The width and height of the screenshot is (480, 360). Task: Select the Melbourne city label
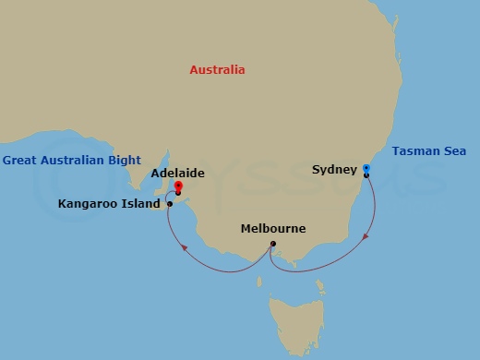coord(272,228)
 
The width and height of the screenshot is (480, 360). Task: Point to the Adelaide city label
coord(177,173)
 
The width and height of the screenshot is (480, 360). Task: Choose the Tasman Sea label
coord(429,151)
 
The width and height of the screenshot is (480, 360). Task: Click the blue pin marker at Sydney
coord(366,168)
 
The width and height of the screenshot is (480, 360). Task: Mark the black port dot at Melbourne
coord(272,244)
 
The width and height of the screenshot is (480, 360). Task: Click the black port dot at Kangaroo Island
coord(170,203)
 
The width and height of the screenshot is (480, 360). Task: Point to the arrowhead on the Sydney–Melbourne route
coord(366,236)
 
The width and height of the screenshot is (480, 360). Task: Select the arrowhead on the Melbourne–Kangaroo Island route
coord(183,246)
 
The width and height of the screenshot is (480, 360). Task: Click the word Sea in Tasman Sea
coord(453,151)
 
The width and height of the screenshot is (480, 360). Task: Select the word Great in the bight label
coord(19,160)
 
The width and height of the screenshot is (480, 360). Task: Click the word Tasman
coord(415,151)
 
